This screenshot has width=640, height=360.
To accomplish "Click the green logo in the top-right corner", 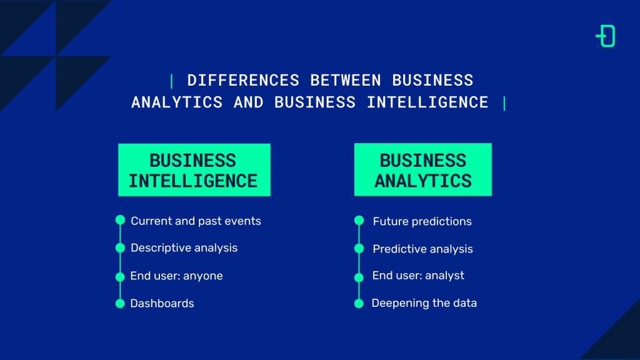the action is [606, 36].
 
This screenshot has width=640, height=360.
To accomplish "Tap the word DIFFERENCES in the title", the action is [243, 81].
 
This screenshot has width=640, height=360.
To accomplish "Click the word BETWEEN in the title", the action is [346, 81].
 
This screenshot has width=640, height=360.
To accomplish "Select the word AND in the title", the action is [249, 102].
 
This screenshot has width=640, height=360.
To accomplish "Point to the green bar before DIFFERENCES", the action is [171, 81].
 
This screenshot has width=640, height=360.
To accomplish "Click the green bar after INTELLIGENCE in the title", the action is [504, 103].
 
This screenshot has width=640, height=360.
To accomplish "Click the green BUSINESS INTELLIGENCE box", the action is [194, 170].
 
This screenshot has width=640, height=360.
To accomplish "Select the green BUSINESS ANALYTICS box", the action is [423, 169].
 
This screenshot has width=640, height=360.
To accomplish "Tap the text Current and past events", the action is [196, 221].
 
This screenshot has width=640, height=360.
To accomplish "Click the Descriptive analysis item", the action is [184, 248].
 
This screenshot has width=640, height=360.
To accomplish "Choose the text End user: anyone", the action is [176, 276].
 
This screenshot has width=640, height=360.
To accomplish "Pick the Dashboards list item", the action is [162, 303].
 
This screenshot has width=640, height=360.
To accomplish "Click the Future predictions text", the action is [422, 222].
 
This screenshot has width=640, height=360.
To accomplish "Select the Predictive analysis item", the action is [423, 249].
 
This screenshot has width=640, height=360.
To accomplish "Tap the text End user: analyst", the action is [418, 276].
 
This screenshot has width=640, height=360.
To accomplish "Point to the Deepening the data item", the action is [424, 303].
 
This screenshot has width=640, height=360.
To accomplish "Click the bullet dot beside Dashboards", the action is [120, 304].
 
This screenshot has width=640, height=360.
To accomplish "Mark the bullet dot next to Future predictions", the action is [359, 221].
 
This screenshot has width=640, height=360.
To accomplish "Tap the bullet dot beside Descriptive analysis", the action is [120, 247].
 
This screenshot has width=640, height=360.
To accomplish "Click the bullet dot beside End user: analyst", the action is [359, 277].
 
